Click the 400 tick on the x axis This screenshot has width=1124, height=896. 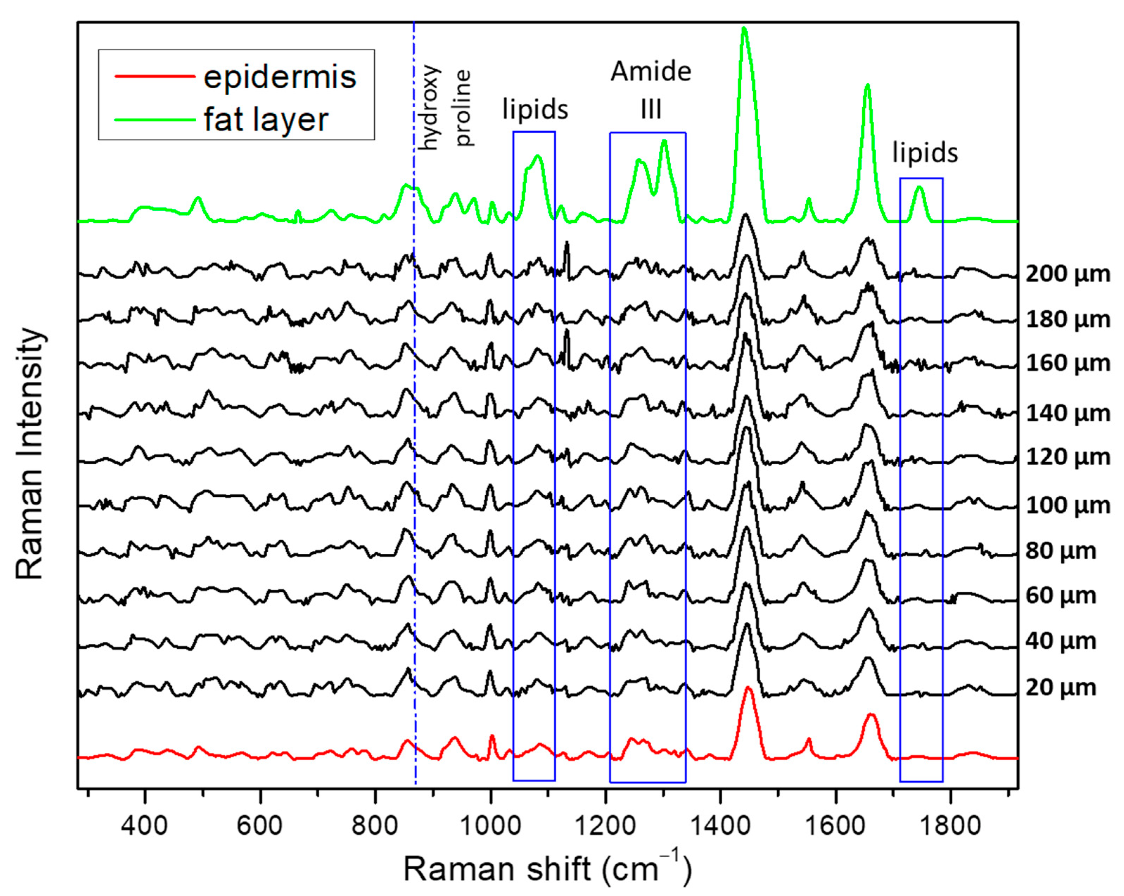tap(145, 826)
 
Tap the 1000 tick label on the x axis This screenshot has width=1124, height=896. tap(490, 826)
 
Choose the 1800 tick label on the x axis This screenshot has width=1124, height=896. tap(950, 826)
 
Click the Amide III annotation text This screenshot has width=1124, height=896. tap(651, 90)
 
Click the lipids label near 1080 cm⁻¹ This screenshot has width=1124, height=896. tap(535, 109)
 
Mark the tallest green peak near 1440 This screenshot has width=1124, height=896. tap(744, 30)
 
